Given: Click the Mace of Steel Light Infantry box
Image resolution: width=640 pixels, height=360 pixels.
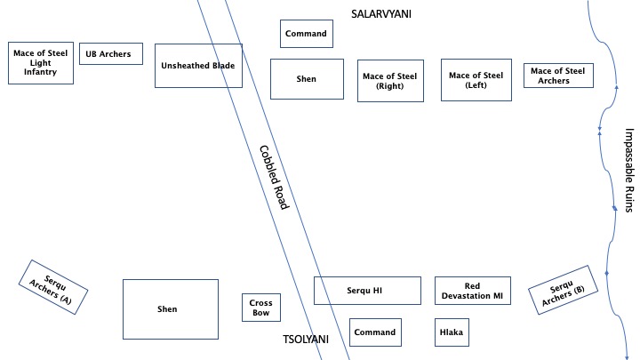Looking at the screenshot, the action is click(41, 63).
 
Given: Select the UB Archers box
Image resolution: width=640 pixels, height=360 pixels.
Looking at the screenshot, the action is click(111, 53).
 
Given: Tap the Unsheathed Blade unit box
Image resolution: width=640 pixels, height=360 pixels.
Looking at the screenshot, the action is click(198, 66).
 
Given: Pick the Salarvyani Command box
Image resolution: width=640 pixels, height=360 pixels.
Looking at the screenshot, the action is click(307, 34).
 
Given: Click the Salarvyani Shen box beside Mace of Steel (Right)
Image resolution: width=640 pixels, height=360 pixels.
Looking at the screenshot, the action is click(307, 79).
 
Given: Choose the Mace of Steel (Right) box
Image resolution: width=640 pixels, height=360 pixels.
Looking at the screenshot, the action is click(390, 81).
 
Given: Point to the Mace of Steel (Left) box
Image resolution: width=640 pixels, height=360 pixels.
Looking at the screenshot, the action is click(476, 80).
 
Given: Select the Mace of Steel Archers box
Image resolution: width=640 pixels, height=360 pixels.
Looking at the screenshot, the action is click(558, 76).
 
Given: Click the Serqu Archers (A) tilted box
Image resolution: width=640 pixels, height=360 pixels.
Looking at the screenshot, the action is click(53, 287).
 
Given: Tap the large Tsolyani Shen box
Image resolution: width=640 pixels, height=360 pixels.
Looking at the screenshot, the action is click(171, 309).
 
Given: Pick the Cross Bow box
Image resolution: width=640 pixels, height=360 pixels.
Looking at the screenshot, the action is click(261, 308).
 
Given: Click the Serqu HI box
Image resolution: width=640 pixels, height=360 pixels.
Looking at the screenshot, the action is click(367, 291).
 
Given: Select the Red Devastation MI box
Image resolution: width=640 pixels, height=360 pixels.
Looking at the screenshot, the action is click(473, 291).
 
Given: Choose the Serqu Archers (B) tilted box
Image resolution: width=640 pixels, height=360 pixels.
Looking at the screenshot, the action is click(564, 290).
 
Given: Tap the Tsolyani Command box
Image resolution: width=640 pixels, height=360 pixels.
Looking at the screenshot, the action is click(375, 332).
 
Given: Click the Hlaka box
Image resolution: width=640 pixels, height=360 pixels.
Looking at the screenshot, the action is click(452, 332).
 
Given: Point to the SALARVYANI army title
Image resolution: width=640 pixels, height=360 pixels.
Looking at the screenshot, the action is click(381, 14).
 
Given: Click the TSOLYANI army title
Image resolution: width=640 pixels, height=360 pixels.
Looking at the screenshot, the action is click(306, 340).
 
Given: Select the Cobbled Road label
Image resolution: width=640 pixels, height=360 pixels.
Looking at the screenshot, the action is click(275, 178).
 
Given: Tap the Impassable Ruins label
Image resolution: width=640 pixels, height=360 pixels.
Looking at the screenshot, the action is click(630, 170).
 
